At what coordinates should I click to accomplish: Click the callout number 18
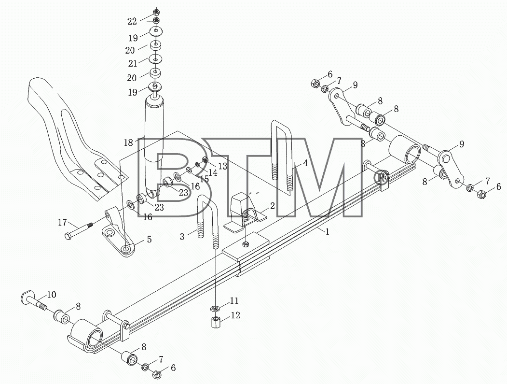(x=128, y=142)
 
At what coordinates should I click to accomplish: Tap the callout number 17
(x=62, y=223)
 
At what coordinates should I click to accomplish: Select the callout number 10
(x=52, y=295)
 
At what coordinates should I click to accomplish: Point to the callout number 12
(x=236, y=315)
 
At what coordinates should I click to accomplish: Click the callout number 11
(x=234, y=301)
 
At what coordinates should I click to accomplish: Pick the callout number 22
(x=132, y=22)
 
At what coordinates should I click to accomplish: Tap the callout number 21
(x=133, y=64)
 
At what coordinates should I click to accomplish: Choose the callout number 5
(x=149, y=239)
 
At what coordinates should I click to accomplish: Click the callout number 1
(x=327, y=231)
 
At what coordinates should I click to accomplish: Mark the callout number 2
(x=272, y=205)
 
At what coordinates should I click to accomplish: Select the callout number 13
(x=222, y=166)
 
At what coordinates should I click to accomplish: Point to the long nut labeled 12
(x=216, y=322)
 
